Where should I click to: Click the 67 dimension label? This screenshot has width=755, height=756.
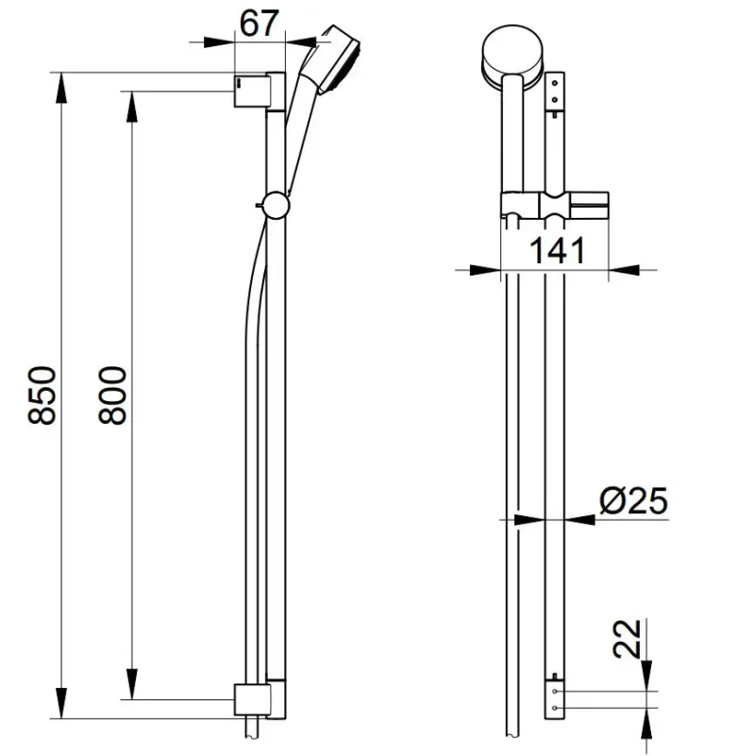pos(259,24)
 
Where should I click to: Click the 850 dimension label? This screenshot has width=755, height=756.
pos(42,395)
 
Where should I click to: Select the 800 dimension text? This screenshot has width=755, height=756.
pos(112,395)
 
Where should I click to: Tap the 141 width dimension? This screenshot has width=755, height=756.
pos(557,250)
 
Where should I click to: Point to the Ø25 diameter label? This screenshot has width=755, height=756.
pos(633,500)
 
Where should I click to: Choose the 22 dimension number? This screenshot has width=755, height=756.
pos(627,639)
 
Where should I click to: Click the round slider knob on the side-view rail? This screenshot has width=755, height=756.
pos(276,205)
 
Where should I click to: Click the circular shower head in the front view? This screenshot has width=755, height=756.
pos(512,57)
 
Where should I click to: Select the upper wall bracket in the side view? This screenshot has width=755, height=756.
pos(252,91)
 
